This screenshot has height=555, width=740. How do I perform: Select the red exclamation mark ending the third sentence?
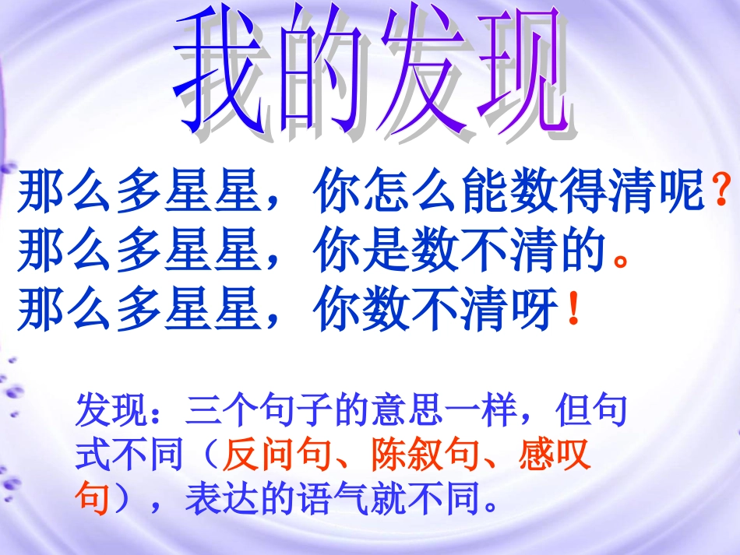(573, 311)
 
